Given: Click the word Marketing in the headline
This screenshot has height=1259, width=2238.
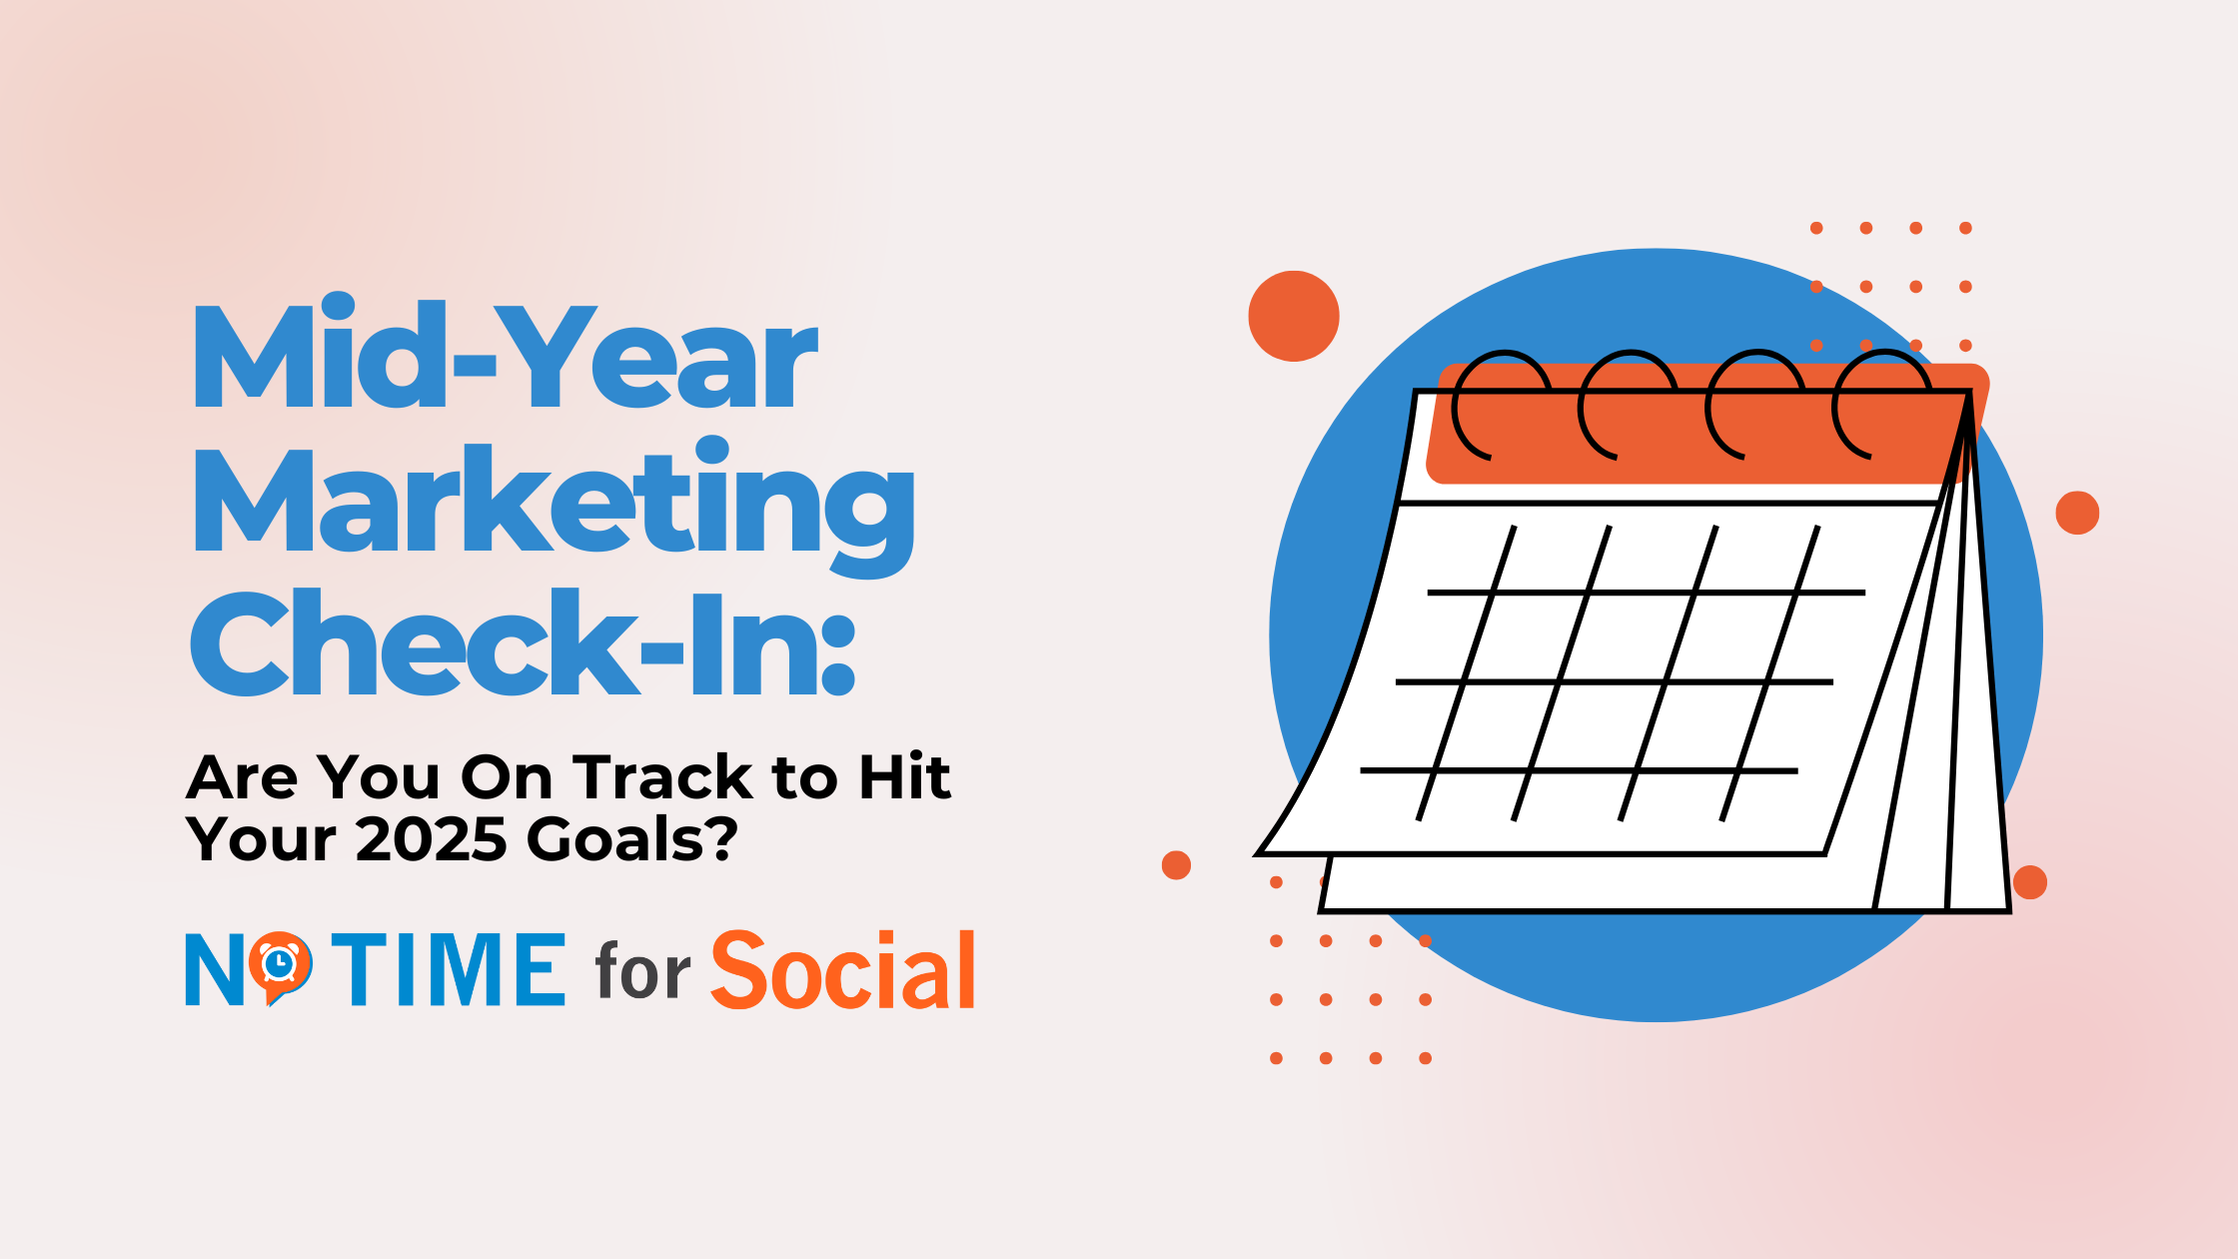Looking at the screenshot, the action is [554, 508].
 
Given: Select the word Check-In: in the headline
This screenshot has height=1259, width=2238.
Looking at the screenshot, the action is [523, 641].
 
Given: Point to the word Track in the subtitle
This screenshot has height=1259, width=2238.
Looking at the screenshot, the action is [663, 777].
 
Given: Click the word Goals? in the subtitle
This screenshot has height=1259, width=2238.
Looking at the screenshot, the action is [632, 839].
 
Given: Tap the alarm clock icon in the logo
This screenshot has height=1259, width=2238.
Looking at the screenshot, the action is [280, 965].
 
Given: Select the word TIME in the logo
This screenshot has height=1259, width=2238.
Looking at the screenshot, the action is [449, 968].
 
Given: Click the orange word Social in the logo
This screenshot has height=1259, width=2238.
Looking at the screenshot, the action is [842, 969].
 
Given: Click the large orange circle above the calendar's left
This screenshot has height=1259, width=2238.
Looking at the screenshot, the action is [1294, 316].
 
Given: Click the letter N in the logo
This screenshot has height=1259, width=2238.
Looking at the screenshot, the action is [215, 969].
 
